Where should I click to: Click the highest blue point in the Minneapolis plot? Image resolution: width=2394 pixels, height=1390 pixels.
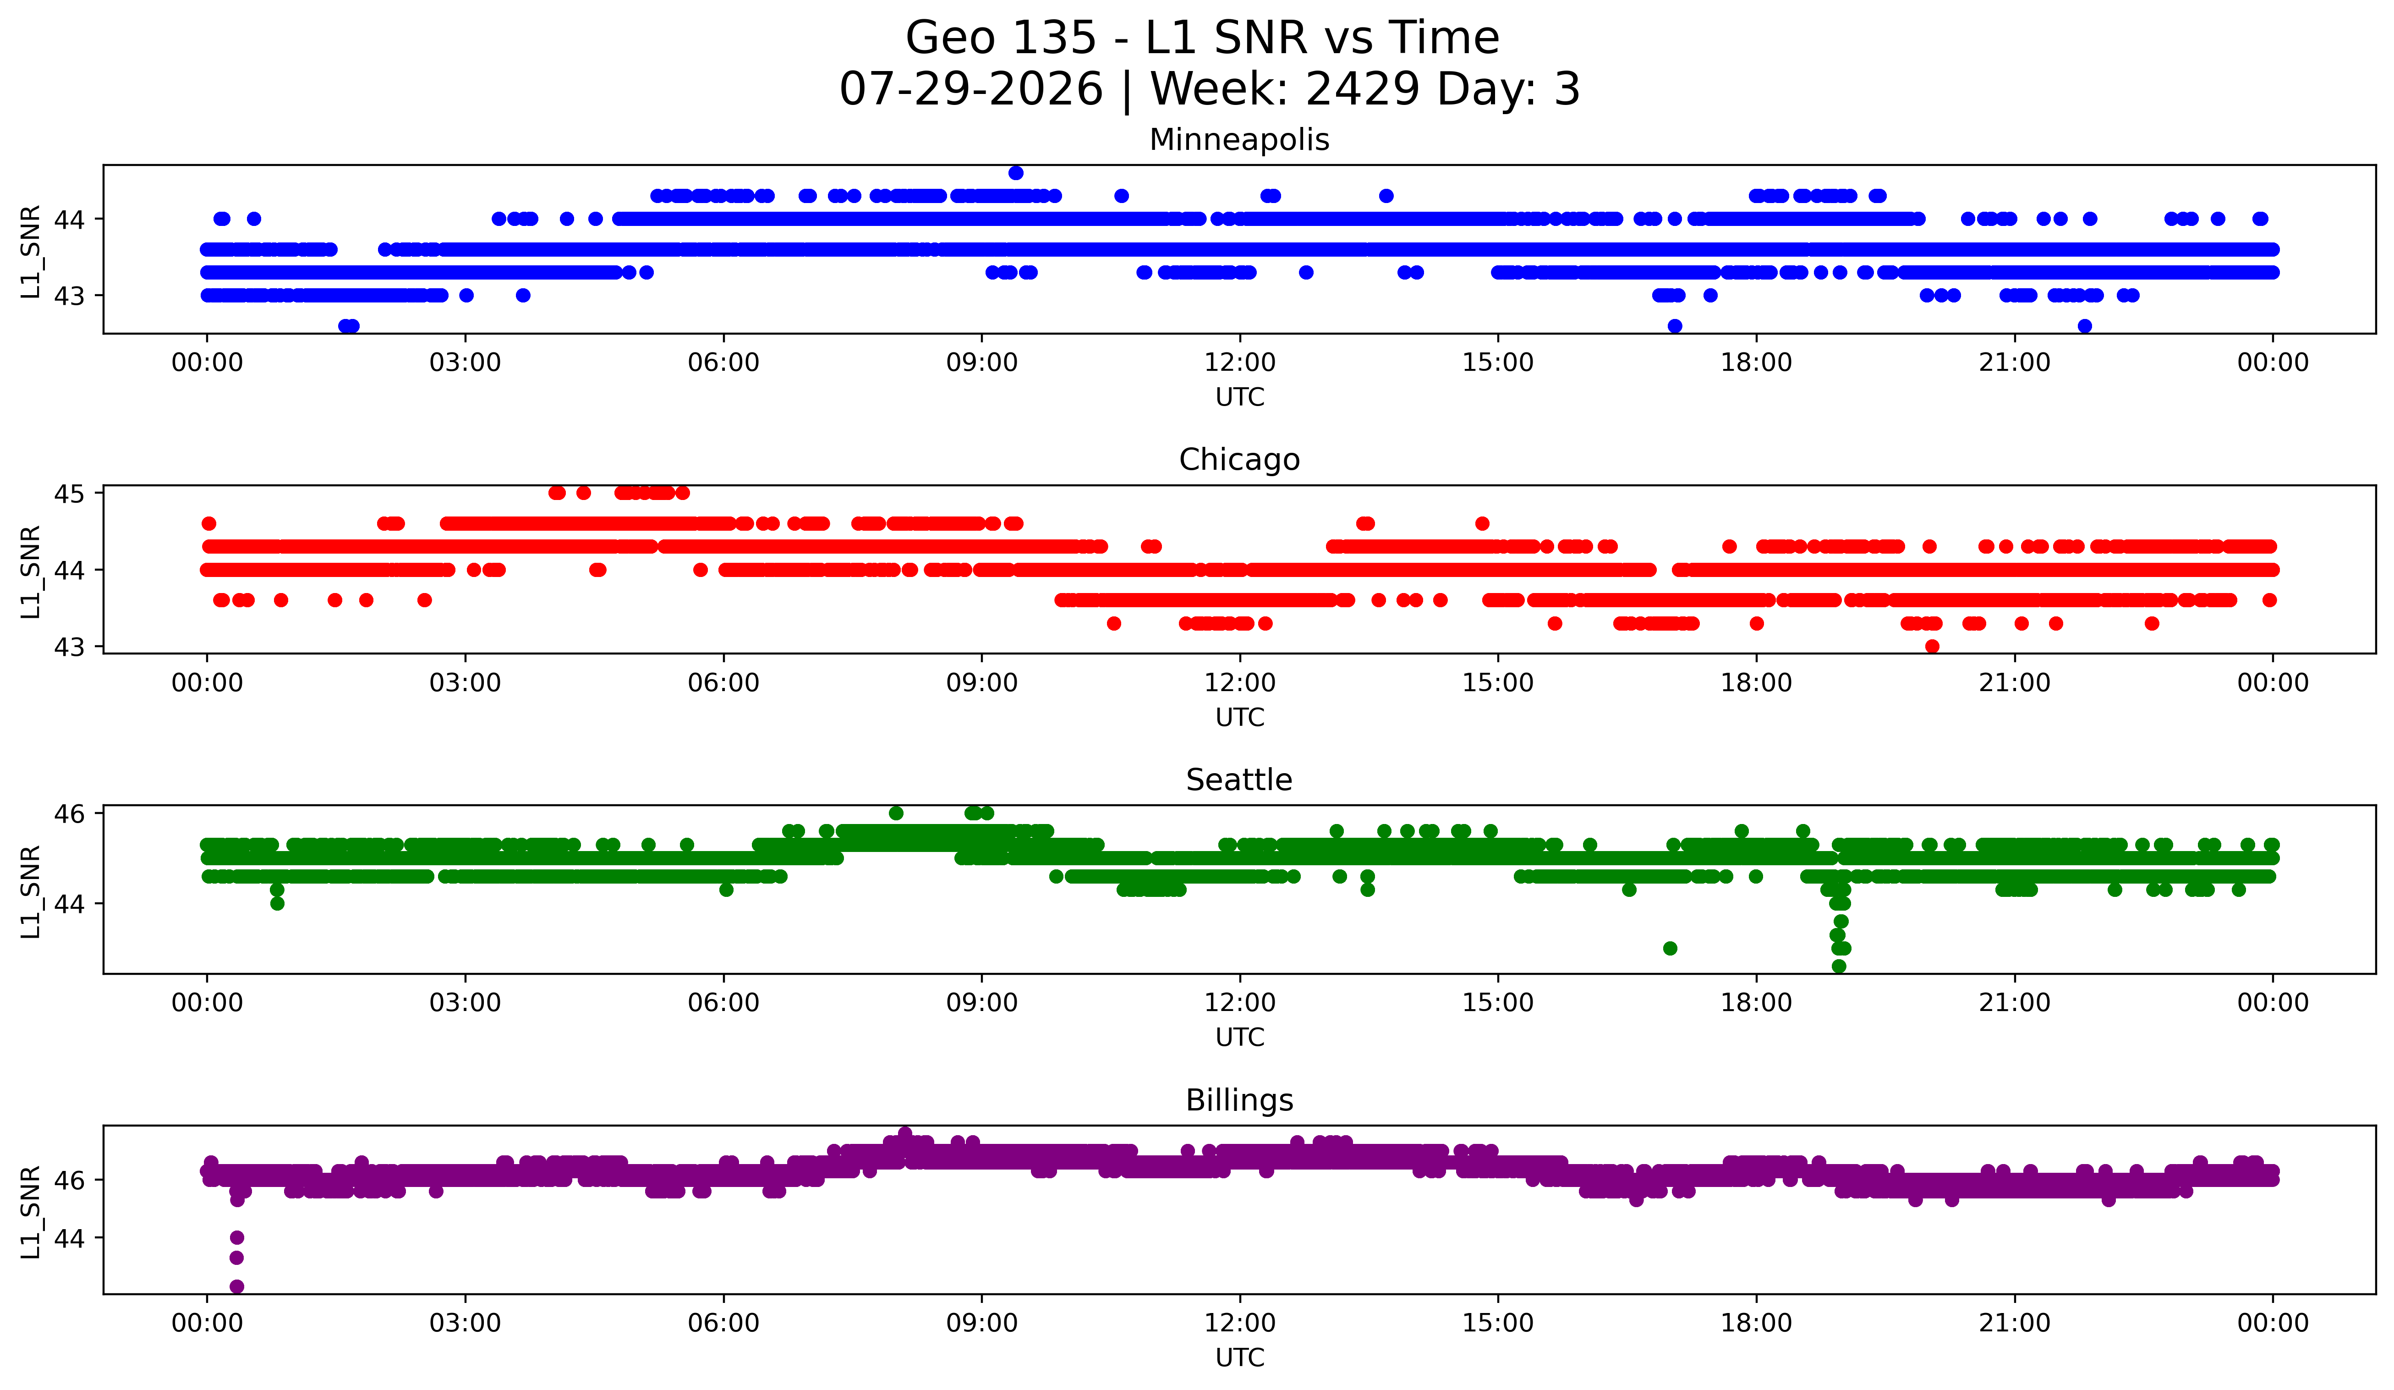[1015, 173]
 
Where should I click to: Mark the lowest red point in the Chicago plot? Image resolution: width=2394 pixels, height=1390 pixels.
[1931, 646]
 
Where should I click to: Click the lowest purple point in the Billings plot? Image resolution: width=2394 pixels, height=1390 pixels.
[236, 1286]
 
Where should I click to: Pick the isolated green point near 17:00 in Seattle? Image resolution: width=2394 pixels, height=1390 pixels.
[1670, 948]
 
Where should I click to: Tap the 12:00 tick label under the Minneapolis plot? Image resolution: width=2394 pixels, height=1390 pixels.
[1240, 363]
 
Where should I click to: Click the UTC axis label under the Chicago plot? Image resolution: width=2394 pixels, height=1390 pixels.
[1240, 717]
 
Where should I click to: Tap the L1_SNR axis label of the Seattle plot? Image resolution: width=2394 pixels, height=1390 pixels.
[30, 891]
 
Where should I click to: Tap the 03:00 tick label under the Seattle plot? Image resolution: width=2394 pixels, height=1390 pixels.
[466, 1003]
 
